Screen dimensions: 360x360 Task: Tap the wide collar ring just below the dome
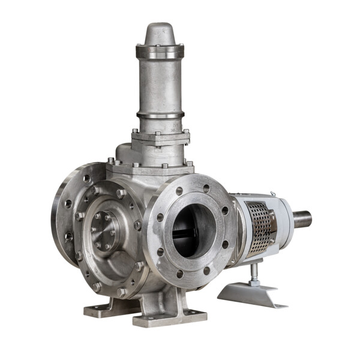[x=159, y=52]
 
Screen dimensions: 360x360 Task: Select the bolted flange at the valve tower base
[x=161, y=137]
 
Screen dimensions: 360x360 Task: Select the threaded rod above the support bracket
[x=255, y=274]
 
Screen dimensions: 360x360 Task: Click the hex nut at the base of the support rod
[x=255, y=282]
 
